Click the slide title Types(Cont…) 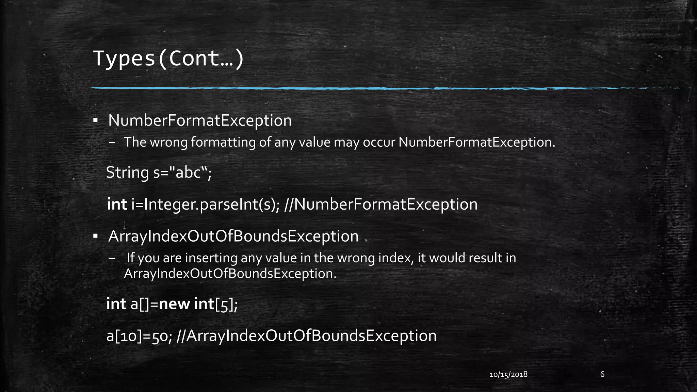168,59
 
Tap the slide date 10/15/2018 508,375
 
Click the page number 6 602,374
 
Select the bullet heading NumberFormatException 200,121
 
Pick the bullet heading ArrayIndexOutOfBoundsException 233,236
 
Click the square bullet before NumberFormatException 96,120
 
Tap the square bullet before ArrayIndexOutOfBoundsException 96,236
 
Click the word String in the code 127,173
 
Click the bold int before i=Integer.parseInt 117,205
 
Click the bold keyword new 174,304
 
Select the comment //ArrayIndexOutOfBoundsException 307,336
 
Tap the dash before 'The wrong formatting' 113,143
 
